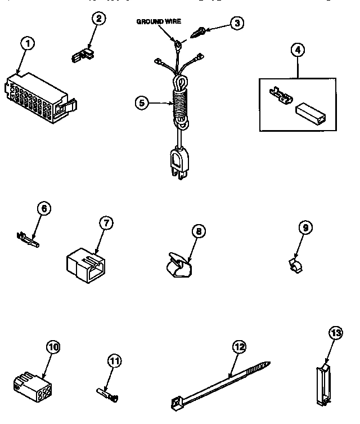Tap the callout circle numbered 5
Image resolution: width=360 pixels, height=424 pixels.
[x=143, y=103]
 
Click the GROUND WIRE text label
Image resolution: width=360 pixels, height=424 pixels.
[x=159, y=21]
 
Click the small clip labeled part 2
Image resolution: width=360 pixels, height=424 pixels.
[x=83, y=54]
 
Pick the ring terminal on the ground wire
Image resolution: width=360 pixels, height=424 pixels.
[x=178, y=43]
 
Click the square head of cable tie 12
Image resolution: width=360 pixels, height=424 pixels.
[x=177, y=401]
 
